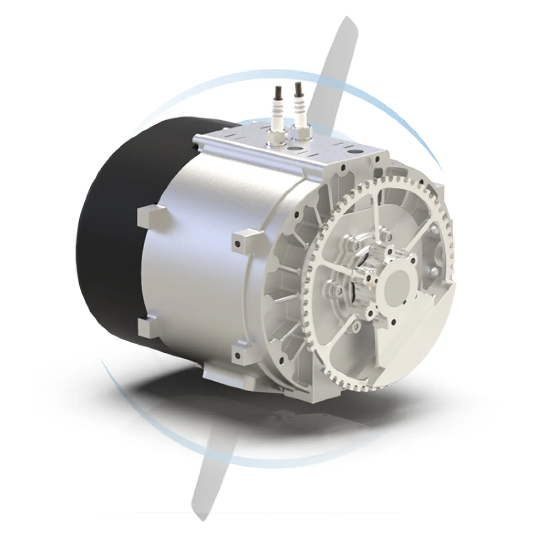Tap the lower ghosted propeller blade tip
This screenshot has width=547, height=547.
[x=202, y=492]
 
